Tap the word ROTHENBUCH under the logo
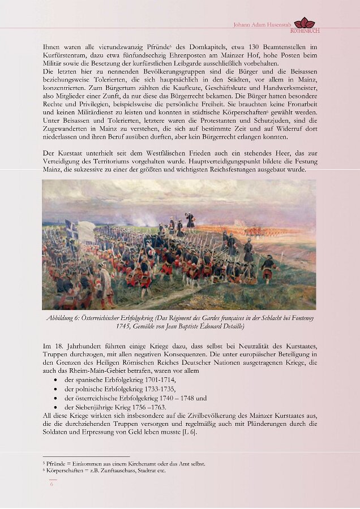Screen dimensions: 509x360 [x=305, y=31]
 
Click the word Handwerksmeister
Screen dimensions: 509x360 [x=288, y=91]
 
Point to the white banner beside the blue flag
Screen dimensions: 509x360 [x=86, y=231]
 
